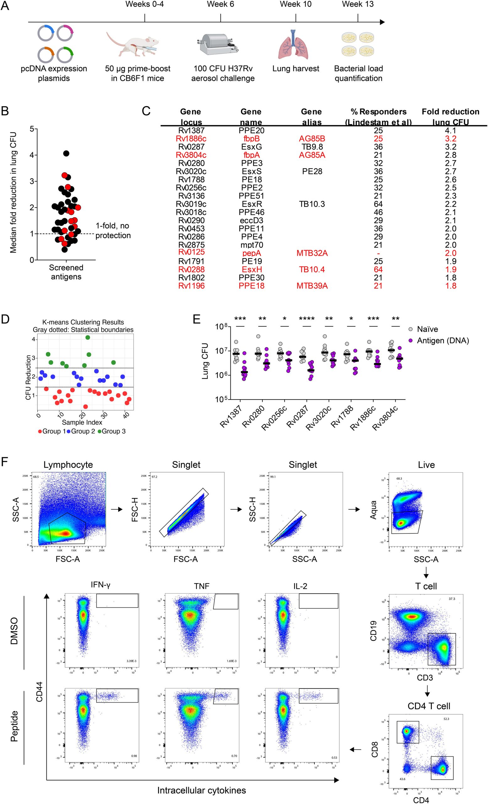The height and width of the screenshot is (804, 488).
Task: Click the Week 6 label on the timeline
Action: [x=220, y=5]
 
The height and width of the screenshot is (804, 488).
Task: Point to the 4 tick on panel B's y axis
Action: [x=32, y=155]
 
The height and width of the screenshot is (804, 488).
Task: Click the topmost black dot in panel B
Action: [x=66, y=153]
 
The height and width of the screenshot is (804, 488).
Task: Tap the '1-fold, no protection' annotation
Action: [x=113, y=231]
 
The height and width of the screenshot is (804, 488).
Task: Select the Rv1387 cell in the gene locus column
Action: [x=191, y=131]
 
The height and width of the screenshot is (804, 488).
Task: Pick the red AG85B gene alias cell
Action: [x=312, y=139]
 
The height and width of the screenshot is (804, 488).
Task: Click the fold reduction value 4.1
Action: [x=450, y=131]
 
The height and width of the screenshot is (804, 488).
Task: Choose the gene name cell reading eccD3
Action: [x=251, y=220]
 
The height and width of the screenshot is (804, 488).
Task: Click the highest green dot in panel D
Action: [x=88, y=337]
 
